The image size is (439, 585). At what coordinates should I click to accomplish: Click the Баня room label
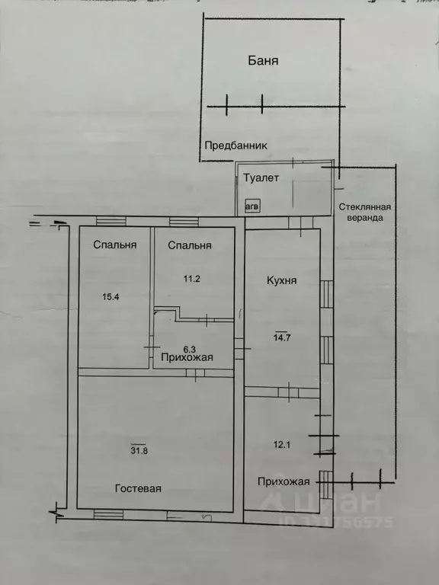tap(263, 60)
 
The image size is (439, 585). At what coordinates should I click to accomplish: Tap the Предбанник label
tap(236, 145)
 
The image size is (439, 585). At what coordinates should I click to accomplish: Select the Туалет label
tap(261, 178)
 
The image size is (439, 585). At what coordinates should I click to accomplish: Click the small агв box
tap(252, 206)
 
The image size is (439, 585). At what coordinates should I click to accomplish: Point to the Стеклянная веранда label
tap(365, 213)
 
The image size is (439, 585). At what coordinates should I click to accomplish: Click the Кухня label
tap(282, 280)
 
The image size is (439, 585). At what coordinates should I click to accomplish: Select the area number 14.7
tap(283, 337)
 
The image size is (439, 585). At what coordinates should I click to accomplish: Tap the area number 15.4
tap(111, 297)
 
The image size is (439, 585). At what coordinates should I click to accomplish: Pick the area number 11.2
tap(192, 279)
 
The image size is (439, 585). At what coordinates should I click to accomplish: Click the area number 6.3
tap(190, 349)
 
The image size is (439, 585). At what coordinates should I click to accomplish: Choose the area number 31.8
tap(139, 450)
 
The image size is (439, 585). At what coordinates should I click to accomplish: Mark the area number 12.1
tap(281, 444)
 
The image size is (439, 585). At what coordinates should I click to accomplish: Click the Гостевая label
tap(138, 488)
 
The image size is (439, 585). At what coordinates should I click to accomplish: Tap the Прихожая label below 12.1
tap(284, 481)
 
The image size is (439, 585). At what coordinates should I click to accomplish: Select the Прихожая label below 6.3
tap(187, 357)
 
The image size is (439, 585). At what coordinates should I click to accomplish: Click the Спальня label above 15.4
tap(115, 245)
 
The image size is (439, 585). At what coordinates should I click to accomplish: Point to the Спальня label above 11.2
tap(190, 245)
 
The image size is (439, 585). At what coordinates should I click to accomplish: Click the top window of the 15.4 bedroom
tap(111, 221)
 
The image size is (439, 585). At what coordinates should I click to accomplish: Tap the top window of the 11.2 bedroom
tap(184, 222)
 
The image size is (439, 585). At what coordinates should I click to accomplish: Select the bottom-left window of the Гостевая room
tap(108, 514)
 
